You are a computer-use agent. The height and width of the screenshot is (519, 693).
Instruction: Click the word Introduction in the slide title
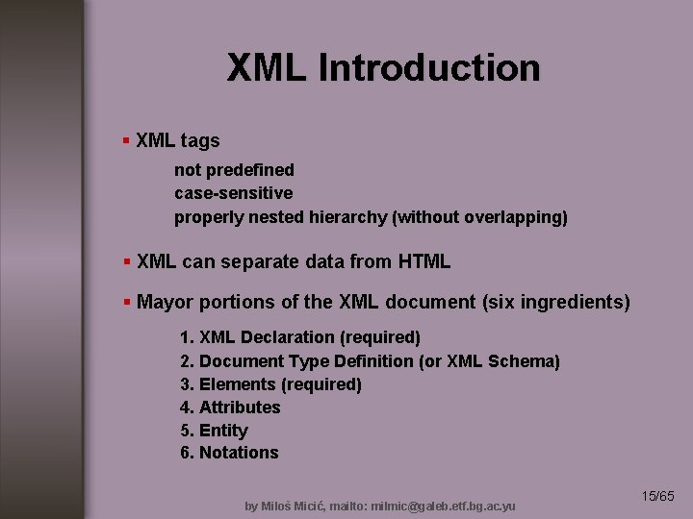point(428,68)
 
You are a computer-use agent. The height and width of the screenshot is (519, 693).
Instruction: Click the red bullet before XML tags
point(126,141)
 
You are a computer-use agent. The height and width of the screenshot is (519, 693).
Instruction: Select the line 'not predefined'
point(234,170)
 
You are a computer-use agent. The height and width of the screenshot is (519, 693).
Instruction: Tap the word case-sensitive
point(233,193)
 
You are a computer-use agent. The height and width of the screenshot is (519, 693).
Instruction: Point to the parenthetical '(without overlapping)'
point(480,217)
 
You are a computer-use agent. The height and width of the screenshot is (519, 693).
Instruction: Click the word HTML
point(423,261)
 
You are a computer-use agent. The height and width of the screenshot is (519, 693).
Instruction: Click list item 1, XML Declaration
point(300,337)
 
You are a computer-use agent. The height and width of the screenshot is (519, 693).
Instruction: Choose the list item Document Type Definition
point(370,361)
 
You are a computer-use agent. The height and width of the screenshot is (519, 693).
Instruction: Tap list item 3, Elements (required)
point(271,384)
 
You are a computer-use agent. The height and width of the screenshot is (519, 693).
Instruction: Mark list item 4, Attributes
point(231,408)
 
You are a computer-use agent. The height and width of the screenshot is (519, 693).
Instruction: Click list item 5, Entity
point(215,431)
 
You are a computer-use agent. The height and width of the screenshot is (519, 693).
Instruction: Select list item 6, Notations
point(230,453)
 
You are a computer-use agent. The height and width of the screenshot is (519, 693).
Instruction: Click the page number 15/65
point(658,496)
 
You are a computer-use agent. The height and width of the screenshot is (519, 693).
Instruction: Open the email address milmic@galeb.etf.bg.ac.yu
point(448,506)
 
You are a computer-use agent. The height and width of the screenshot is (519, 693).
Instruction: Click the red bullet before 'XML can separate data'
point(126,261)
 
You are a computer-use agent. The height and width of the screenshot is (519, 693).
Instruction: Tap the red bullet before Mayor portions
point(126,302)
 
